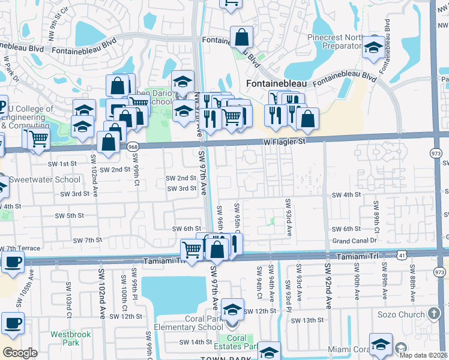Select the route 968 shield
133,146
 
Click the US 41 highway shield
400,255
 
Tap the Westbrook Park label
65,338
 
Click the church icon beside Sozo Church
434,314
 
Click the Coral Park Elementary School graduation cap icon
232,310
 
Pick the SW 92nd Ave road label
328,285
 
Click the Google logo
20,353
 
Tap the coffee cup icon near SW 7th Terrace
13,262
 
